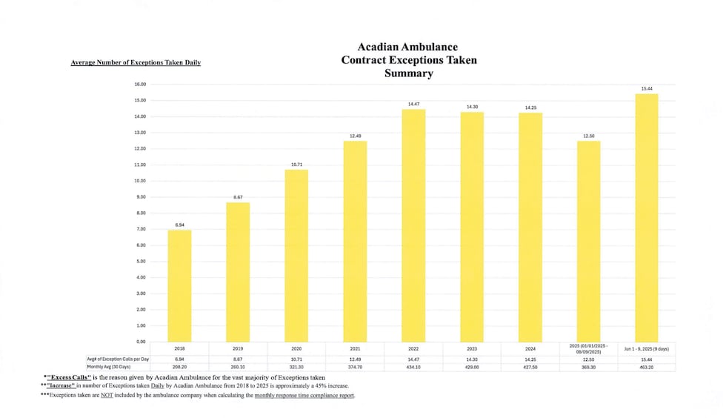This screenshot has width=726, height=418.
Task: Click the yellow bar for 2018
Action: click(x=179, y=285)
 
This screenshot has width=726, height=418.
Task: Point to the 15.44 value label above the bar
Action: click(x=646, y=89)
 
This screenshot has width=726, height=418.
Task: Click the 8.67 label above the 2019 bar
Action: click(x=238, y=197)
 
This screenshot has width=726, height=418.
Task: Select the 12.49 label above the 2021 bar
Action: click(x=355, y=136)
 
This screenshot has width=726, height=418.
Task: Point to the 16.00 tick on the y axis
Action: click(x=140, y=84)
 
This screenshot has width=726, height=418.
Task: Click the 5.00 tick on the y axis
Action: click(x=140, y=261)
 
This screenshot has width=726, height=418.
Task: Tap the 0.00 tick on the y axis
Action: click(x=140, y=342)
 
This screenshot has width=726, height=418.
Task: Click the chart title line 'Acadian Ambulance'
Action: click(x=408, y=47)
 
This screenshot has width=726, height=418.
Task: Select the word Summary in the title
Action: click(x=408, y=73)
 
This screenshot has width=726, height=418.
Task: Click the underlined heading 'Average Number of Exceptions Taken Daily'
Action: click(x=136, y=62)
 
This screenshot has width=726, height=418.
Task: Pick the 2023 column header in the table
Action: click(x=472, y=348)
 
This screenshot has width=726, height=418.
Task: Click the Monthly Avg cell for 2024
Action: click(x=530, y=367)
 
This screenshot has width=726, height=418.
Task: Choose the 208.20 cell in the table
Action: click(x=179, y=367)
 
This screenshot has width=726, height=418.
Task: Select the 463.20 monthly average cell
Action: click(x=646, y=367)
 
